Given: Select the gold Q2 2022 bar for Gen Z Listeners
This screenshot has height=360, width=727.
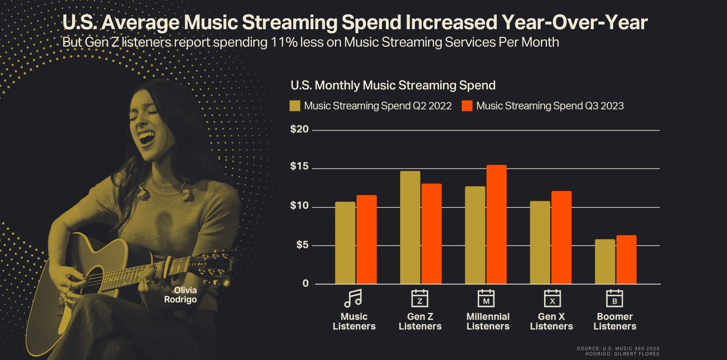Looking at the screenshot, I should tap(410, 227).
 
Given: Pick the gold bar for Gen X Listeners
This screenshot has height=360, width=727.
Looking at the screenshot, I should tap(540, 243).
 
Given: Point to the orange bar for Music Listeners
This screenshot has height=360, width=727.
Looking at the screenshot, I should tap(366, 239).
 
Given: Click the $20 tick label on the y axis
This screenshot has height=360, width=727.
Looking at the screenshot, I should tap(299, 130).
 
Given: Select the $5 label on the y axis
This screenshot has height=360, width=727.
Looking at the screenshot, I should tap(302, 245).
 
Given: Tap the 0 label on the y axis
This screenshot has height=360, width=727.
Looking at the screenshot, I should tap(305, 283).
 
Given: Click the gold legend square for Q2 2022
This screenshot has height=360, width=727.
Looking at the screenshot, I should tap(295, 106).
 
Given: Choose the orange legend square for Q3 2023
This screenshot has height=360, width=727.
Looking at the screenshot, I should tap(467, 106).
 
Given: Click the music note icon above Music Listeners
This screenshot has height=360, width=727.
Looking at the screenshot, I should tap(353, 298).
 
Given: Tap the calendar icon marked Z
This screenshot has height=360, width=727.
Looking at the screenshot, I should tap(420, 299).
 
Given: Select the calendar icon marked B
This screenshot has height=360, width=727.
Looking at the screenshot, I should tap(614, 299).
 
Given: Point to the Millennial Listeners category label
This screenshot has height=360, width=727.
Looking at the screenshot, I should tap(488, 321).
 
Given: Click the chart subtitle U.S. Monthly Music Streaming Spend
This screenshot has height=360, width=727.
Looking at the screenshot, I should tap(393, 85).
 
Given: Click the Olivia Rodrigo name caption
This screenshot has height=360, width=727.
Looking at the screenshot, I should tap(181, 295).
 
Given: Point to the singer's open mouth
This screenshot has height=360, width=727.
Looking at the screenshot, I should tap(146, 137).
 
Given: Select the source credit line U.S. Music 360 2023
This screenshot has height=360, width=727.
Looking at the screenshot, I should tap(618, 348).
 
